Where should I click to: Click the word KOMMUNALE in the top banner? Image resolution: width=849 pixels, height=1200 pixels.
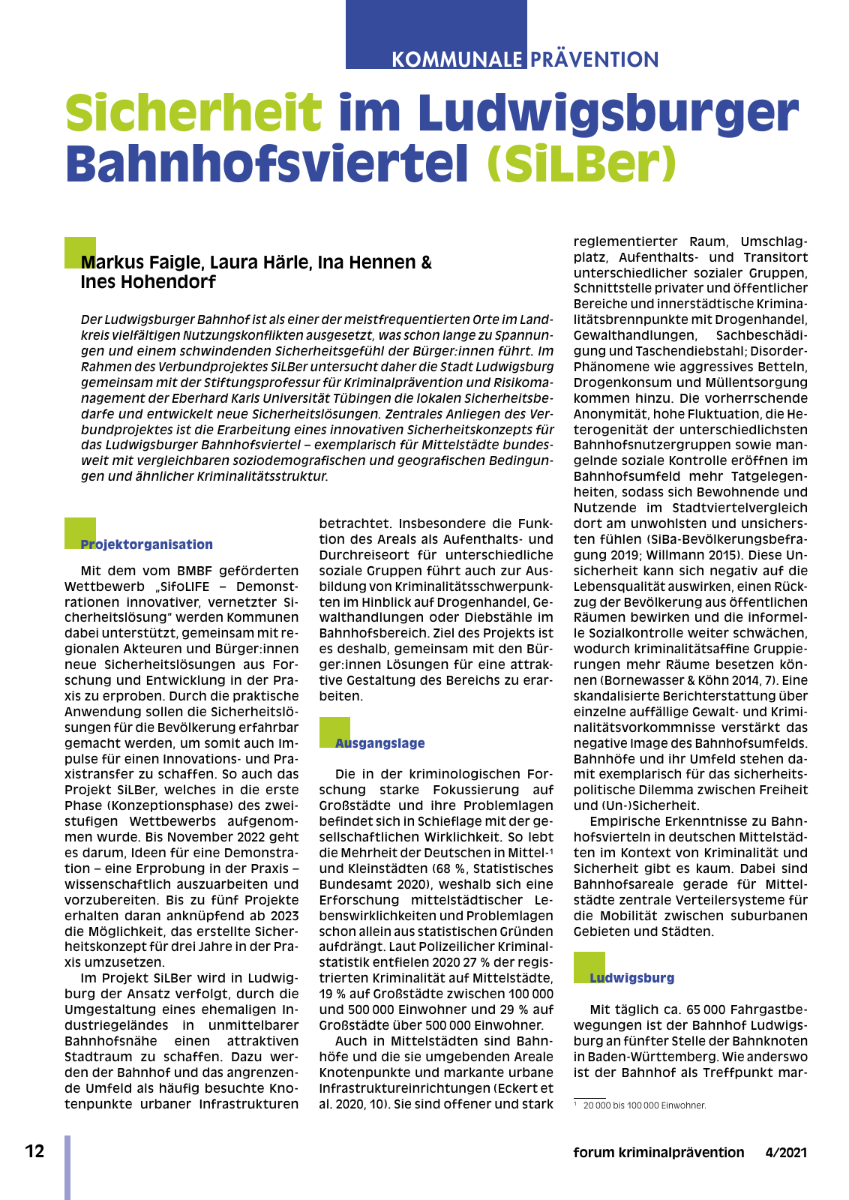[457, 59]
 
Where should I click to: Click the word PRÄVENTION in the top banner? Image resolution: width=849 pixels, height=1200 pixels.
[595, 59]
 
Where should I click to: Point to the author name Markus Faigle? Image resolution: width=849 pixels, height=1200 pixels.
[142, 262]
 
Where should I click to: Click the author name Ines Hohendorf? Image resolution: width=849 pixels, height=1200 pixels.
[148, 282]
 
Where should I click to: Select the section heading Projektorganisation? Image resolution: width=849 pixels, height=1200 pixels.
[146, 544]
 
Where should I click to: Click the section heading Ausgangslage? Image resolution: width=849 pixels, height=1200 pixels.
[379, 743]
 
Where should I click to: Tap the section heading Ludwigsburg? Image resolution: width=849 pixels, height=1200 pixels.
[631, 978]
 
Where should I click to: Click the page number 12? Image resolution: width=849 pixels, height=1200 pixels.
[34, 1151]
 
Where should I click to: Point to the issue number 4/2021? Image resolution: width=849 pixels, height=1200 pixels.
[786, 1153]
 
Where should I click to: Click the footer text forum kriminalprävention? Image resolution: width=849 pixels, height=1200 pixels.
[658, 1153]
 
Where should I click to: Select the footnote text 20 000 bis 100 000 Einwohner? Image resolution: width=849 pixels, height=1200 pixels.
[644, 1105]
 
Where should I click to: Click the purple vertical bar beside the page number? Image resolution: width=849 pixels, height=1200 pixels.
[67, 1167]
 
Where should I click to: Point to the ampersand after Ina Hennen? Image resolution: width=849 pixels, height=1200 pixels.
[426, 262]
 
